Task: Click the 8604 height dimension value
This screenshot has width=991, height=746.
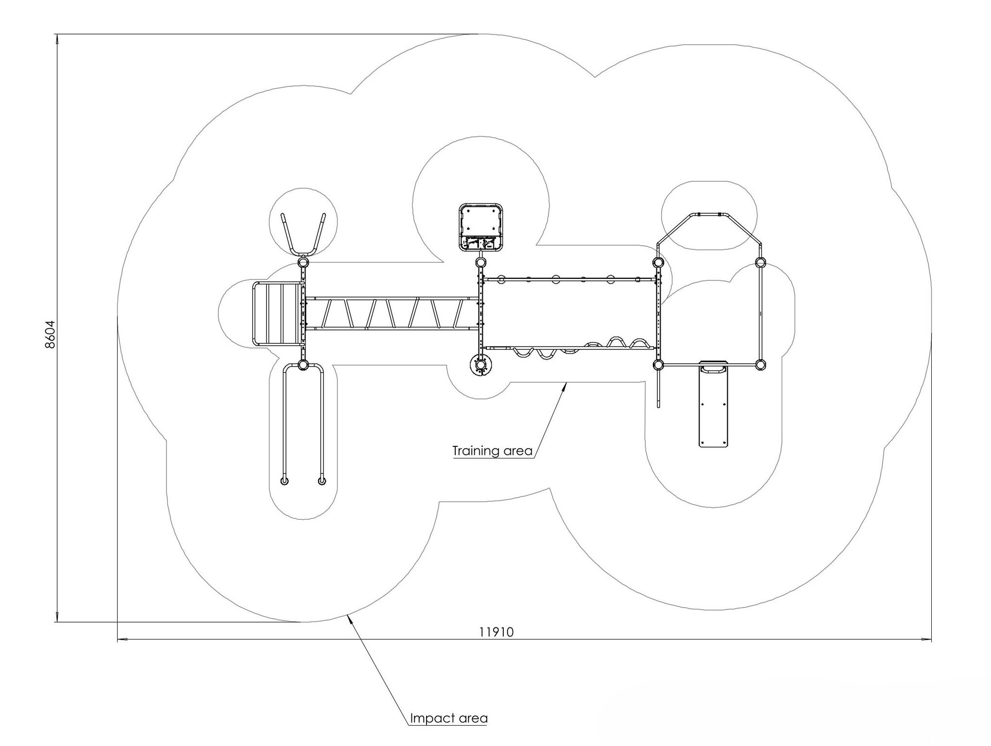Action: pos(50,334)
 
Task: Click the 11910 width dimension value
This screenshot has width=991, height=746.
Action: pos(496,631)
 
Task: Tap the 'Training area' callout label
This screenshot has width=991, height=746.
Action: pos(493,451)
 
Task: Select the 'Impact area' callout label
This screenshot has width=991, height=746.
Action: pos(448,718)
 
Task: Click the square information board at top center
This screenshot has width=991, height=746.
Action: pos(481,227)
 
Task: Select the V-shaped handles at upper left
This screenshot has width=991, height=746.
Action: pos(304,234)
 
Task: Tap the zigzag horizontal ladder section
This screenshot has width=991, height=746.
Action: pos(392,313)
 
